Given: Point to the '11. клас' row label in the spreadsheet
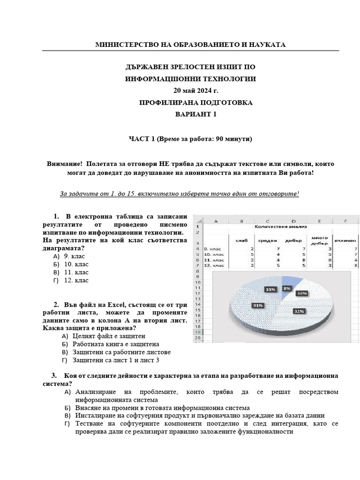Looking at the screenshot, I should (x=213, y=260).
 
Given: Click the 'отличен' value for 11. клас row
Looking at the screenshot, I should (x=356, y=260).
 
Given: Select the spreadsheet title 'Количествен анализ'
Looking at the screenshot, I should (x=280, y=226).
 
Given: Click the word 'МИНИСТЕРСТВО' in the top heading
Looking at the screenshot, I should (x=124, y=45).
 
